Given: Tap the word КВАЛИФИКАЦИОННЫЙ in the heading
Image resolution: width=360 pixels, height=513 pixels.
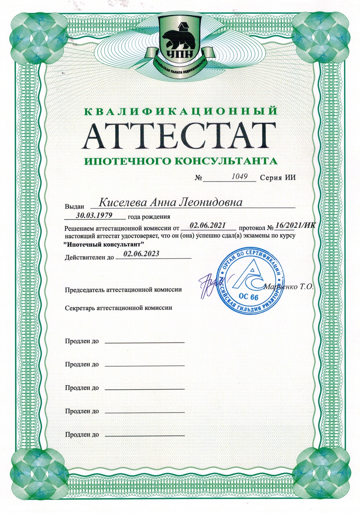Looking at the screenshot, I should (x=180, y=111).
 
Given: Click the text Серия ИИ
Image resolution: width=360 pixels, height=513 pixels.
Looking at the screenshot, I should (x=278, y=178).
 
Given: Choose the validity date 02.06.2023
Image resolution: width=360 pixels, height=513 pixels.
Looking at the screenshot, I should (x=141, y=254).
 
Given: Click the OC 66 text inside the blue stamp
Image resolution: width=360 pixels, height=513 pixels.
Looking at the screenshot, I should (x=249, y=297).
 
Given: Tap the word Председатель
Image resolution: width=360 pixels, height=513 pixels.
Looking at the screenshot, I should (x=85, y=289).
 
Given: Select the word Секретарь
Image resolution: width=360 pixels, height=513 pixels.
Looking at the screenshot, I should (x=80, y=308).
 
